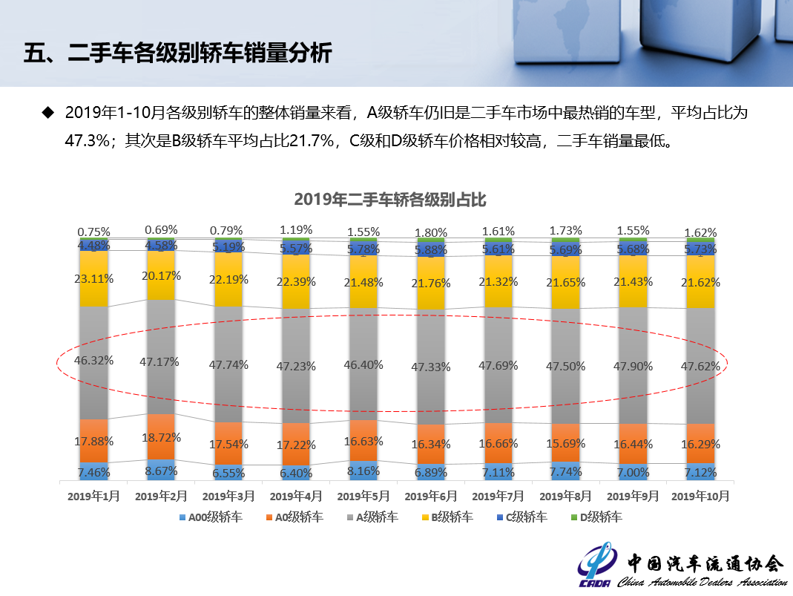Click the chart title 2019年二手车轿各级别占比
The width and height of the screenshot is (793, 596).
click(x=390, y=200)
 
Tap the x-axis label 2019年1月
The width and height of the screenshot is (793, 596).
click(x=93, y=495)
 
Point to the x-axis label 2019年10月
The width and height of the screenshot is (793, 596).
click(x=700, y=495)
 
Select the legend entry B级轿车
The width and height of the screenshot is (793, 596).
click(x=450, y=517)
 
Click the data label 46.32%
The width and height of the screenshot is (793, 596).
click(x=93, y=360)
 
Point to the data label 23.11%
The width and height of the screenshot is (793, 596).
click(x=93, y=279)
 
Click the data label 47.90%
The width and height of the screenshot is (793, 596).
click(x=634, y=367)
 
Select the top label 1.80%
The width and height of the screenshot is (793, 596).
click(x=430, y=232)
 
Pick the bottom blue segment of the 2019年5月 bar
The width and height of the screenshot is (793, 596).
click(x=363, y=471)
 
